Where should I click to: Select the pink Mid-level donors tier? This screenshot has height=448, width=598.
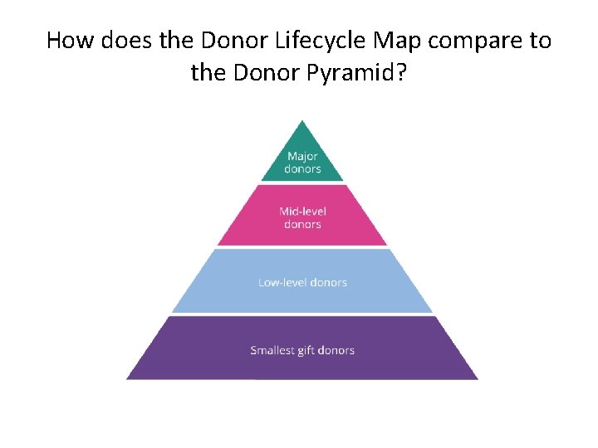(302, 217)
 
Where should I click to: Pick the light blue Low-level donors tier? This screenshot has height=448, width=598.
(302, 281)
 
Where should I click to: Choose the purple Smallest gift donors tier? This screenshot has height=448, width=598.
(302, 349)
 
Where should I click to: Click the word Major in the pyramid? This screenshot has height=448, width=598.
(302, 156)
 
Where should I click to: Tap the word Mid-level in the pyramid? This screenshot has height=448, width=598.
(302, 212)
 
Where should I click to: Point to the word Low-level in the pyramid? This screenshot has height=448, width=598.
(282, 282)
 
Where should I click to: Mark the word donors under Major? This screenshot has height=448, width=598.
(302, 168)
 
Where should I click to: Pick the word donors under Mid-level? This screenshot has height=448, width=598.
(302, 224)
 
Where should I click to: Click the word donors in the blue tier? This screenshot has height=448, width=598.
(328, 282)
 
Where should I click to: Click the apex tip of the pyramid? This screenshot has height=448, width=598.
(302, 123)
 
